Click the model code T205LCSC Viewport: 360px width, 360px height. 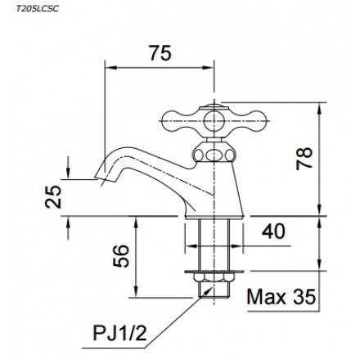(x=38, y=9)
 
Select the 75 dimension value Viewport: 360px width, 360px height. (x=160, y=53)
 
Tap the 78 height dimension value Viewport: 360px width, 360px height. (x=304, y=159)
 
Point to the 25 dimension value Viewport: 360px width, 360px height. (x=53, y=196)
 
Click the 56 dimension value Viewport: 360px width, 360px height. (x=120, y=256)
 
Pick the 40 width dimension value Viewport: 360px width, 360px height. (x=273, y=232)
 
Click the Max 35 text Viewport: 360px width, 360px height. (x=281, y=297)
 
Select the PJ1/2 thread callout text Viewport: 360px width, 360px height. (x=119, y=333)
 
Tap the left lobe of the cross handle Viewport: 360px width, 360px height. (x=173, y=120)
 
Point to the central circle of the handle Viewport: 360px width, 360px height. (x=214, y=120)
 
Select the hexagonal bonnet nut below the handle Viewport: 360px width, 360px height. (x=214, y=155)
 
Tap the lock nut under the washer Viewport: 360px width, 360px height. (x=214, y=277)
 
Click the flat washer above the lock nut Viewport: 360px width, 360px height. (x=214, y=272)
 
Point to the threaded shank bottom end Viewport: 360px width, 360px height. (x=214, y=297)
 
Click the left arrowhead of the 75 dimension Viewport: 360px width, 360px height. (x=110, y=68)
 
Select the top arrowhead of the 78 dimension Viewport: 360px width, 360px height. (x=320, y=108)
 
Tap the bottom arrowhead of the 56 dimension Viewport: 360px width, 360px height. (x=136, y=292)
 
